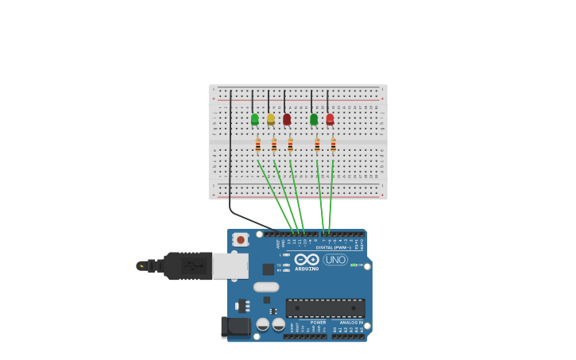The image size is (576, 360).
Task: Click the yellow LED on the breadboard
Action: pos(271,119)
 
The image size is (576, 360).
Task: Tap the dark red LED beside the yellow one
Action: pos(287,119)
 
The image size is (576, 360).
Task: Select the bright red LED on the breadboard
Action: pos(330,119)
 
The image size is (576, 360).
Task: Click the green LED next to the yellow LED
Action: pos(254,119)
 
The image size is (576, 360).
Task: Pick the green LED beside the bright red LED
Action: pos(314,119)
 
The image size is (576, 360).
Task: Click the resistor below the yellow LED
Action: pos(274,145)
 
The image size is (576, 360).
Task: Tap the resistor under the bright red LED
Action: pos(333,145)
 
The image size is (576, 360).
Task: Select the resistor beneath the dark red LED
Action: pos(290,145)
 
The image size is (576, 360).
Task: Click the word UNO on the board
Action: pos(335,260)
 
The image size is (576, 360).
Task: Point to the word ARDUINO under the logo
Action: pos(307,269)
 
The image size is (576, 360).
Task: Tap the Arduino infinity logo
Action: pos(306,259)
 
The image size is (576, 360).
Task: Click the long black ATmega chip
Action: pos(325,308)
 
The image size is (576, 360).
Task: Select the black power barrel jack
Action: pos(236,327)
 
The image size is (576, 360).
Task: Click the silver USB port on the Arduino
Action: pos(230,265)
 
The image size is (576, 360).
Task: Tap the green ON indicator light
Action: pos(352,265)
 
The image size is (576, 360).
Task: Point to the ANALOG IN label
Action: pos(352,323)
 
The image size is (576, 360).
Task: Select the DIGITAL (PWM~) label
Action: pos(333,247)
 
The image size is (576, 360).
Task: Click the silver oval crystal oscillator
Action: pos(266,287)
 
